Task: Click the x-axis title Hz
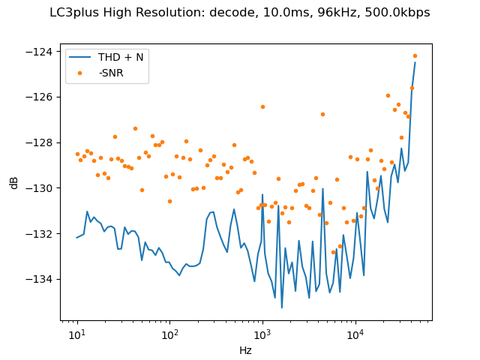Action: click(x=246, y=349)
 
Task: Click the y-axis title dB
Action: click(x=14, y=182)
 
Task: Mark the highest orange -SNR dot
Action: click(x=415, y=55)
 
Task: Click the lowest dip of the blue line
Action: click(x=282, y=307)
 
